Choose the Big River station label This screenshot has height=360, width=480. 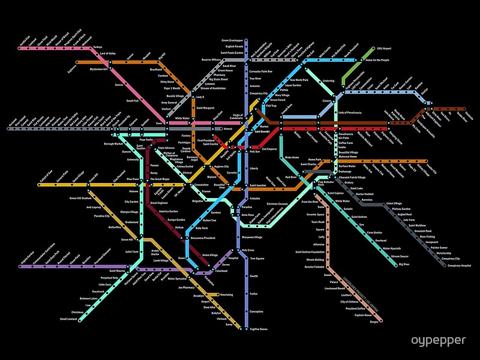click(404, 264)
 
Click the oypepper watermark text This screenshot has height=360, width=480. click(438, 340)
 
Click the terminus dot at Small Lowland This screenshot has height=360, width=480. click(88, 319)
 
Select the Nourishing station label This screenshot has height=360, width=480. click(226, 295)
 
